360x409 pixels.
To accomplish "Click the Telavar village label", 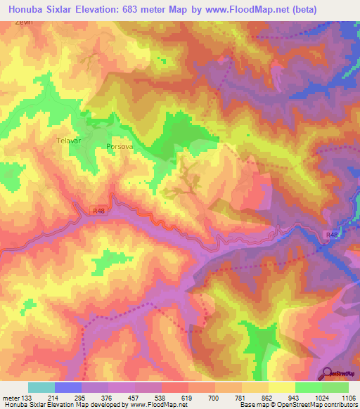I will coord(69,141).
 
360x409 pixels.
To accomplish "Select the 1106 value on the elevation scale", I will coord(348,397).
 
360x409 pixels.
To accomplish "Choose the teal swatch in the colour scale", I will coord(41,387).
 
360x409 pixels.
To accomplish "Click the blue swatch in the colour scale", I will coord(67,387).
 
